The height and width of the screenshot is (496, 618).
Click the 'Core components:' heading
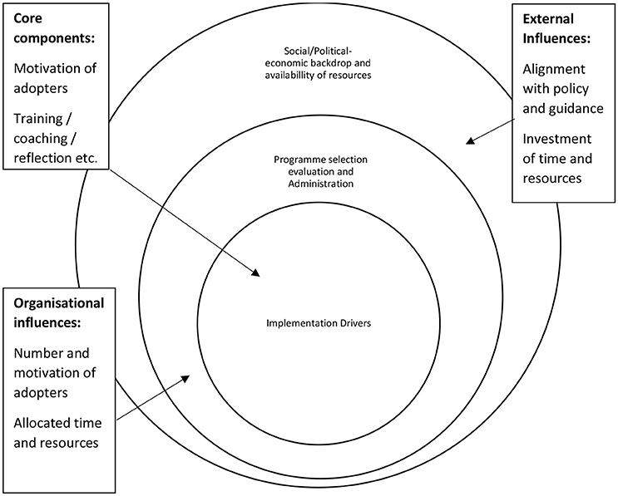[x=54, y=29]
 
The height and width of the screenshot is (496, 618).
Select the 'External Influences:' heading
[x=556, y=29]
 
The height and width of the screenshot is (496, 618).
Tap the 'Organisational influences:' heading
[x=59, y=313]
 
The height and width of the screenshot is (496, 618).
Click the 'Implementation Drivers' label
[x=319, y=323]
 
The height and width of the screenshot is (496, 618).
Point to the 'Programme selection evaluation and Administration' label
[x=320, y=172]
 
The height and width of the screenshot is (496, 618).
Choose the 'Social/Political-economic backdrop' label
[x=318, y=63]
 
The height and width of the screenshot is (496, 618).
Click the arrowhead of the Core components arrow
[x=256, y=273]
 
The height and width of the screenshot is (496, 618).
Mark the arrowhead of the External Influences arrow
[x=470, y=140]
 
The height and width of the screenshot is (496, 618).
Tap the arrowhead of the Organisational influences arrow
[x=185, y=378]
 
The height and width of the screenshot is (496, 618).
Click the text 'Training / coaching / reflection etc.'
[x=55, y=138]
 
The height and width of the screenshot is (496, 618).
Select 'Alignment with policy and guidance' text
[x=563, y=89]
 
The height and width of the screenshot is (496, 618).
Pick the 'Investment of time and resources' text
[x=557, y=158]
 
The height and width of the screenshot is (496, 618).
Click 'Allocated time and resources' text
[x=57, y=433]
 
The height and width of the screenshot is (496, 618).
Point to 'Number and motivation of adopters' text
[x=55, y=373]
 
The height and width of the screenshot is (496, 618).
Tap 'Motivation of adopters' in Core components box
[x=55, y=78]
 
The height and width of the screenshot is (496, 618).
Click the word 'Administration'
[x=320, y=184]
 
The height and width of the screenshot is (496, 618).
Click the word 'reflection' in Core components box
[x=41, y=158]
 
